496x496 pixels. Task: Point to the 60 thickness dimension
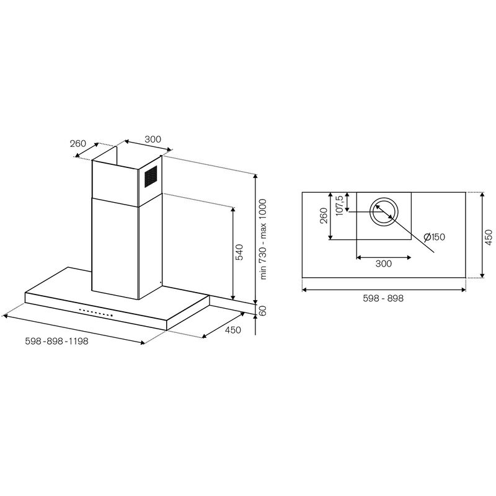point(263,311)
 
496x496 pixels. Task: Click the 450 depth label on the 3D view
point(232,330)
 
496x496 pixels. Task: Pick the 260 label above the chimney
point(77,143)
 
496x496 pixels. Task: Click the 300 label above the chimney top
point(153,139)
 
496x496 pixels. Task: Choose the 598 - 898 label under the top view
point(384,298)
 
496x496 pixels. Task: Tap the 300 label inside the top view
point(384,264)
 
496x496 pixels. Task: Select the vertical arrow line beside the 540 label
point(233,253)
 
